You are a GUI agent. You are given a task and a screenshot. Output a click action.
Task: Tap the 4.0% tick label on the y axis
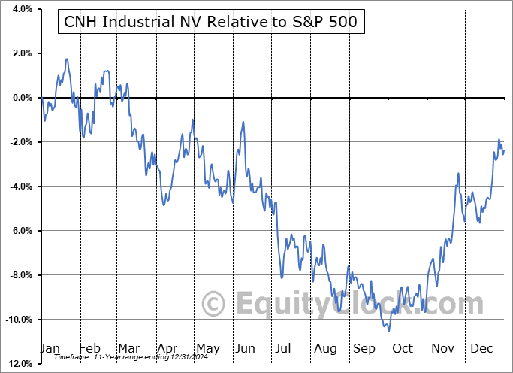(20, 9)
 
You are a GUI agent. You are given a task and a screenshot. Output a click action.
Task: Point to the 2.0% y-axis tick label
(20, 53)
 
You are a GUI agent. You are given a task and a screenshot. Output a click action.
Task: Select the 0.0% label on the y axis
(20, 98)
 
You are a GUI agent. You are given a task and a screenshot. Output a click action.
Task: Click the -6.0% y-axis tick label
(19, 231)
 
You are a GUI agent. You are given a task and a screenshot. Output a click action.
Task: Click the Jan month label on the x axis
(50, 348)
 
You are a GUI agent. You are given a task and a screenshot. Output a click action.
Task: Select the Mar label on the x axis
(128, 348)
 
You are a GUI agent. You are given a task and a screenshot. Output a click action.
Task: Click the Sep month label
(364, 348)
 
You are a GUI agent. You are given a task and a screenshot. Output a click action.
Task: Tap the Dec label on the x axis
(480, 348)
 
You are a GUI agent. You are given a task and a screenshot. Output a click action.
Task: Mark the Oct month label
(403, 348)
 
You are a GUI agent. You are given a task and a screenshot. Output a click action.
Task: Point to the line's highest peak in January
(67, 59)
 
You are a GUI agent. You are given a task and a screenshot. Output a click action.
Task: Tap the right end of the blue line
(504, 150)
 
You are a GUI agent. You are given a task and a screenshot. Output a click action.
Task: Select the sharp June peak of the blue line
(243, 123)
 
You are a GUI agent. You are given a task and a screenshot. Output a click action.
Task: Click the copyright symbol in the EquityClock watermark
(214, 304)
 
